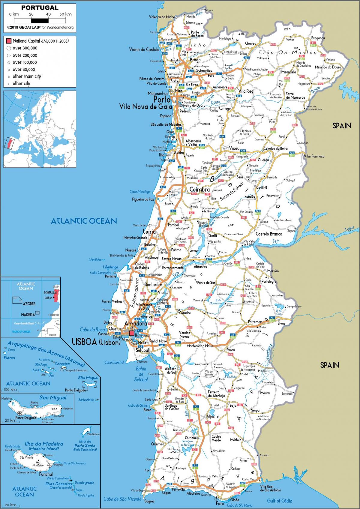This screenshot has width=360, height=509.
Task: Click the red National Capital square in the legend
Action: coord(9,41)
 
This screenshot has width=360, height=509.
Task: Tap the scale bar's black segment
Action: coord(40,21)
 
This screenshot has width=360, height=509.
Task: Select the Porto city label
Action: coord(162,99)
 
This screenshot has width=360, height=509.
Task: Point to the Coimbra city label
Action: coord(199,190)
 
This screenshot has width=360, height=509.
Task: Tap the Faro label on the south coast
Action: coord(220,503)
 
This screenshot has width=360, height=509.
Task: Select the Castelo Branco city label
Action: coord(269,234)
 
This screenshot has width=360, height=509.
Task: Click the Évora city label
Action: coord(230,350)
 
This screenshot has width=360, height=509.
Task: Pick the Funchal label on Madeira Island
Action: coord(46,474)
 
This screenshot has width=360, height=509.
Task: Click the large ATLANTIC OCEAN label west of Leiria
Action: coord(84,221)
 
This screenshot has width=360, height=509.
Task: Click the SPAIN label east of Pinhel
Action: coord(341,126)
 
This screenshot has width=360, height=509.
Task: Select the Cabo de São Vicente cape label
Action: coord(122,499)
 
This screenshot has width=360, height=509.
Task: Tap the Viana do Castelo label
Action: coord(144,49)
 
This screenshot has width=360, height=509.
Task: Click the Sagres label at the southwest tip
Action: coord(149,501)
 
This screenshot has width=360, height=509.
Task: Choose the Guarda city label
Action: coord(263,160)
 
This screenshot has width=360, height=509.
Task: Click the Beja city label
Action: coord(233,406)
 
